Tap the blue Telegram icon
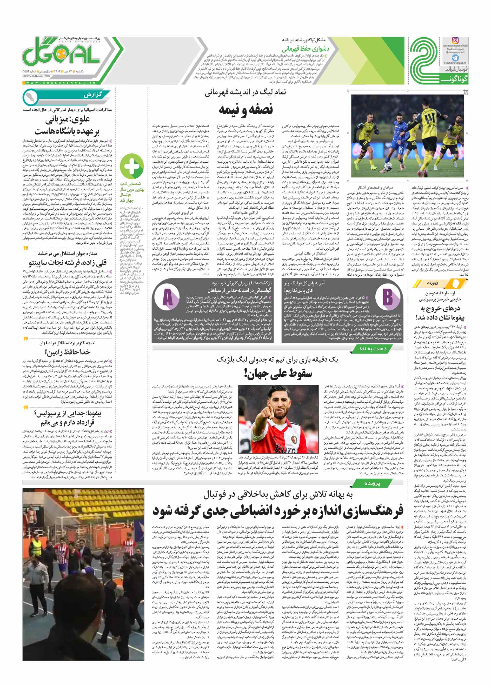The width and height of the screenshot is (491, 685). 455,57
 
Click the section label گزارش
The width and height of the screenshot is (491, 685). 92,95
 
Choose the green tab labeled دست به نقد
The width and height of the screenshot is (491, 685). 372,349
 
